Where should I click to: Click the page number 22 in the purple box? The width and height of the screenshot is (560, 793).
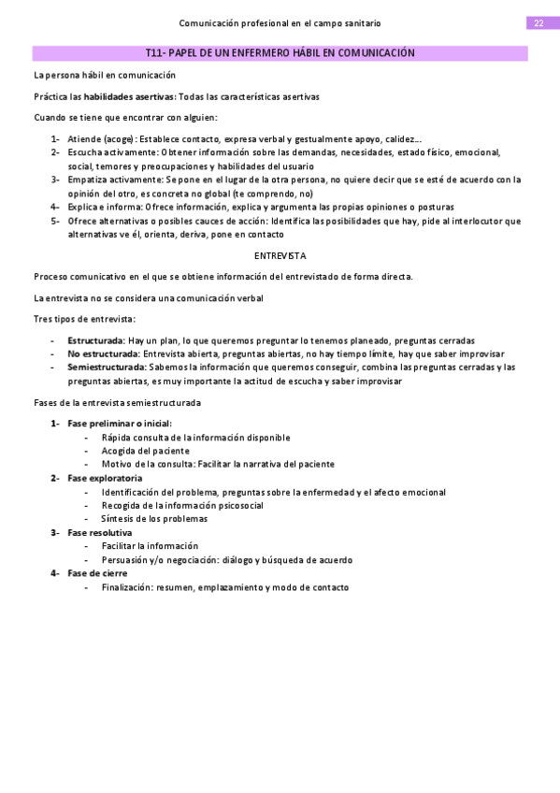coord(538,22)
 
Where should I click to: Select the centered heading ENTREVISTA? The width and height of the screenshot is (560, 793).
coord(280,255)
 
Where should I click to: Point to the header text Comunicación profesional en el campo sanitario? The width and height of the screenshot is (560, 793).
coord(280,22)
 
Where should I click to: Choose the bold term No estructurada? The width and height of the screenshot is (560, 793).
coord(103,354)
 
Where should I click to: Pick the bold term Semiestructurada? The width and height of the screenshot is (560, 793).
coord(105,368)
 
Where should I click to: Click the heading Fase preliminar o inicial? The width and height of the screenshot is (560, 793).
coord(119,424)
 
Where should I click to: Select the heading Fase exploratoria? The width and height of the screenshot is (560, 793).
coord(105,478)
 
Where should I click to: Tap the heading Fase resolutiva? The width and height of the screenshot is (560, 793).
coord(99,532)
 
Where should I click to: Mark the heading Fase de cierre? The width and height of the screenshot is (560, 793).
coord(97,573)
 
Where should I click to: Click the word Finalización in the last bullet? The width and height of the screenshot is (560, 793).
coord(126,587)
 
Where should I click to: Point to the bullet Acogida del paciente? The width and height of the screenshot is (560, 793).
coord(145,451)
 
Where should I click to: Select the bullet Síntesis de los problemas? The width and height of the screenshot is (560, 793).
coord(154,518)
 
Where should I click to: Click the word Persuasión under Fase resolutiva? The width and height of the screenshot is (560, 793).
coord(125,559)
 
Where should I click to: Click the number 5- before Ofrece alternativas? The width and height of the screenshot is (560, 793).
coord(56,221)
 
